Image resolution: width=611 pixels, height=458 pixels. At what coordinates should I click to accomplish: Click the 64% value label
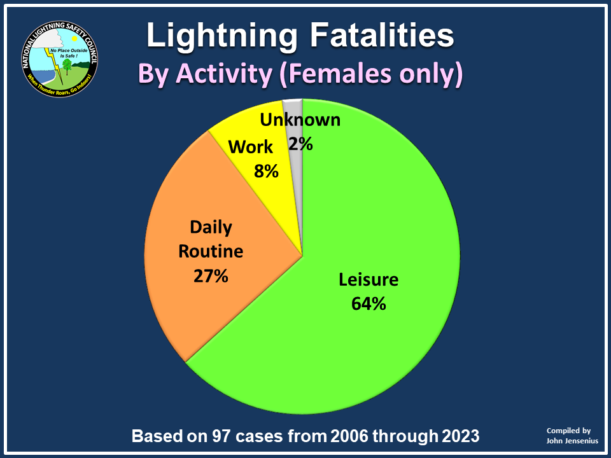coord(369,303)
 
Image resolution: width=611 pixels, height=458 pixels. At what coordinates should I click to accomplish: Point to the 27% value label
coord(211,276)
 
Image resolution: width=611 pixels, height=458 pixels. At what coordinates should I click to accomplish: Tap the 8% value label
coord(266,171)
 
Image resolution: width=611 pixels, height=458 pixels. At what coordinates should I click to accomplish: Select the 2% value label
coord(300,144)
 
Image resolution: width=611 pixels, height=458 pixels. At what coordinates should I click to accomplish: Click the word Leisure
coord(369,279)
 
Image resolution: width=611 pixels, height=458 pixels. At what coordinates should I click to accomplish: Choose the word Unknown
coord(300,120)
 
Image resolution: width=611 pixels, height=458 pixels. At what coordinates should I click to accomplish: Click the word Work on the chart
coord(250,147)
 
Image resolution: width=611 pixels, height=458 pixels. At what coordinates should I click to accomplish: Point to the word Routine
coord(211,251)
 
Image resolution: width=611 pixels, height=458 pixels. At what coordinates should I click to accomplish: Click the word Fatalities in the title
coord(382,35)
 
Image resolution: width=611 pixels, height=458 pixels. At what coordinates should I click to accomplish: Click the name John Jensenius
coord(572,440)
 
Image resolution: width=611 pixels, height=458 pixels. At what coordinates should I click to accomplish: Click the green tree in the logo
coord(67,67)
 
